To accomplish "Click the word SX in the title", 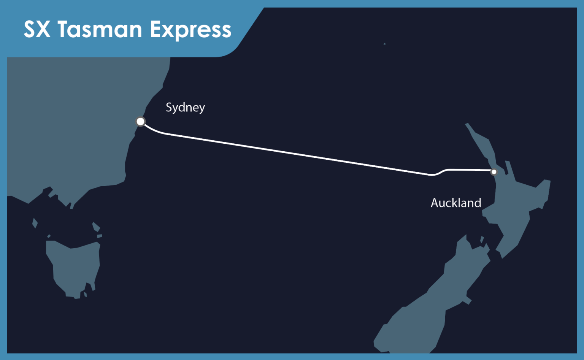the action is click(37, 29).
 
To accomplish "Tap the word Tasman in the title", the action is click(100, 29).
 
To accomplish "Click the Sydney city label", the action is click(185, 108).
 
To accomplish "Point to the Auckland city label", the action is click(456, 203).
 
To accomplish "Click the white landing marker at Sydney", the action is click(140, 122).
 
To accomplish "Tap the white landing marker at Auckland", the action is click(494, 172).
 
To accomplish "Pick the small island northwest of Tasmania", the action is click(35, 223).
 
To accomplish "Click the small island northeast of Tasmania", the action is click(96, 227).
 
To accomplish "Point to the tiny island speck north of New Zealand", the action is click(385, 44).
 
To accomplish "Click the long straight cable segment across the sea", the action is click(297, 154).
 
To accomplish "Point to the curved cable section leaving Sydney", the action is click(154, 130).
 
